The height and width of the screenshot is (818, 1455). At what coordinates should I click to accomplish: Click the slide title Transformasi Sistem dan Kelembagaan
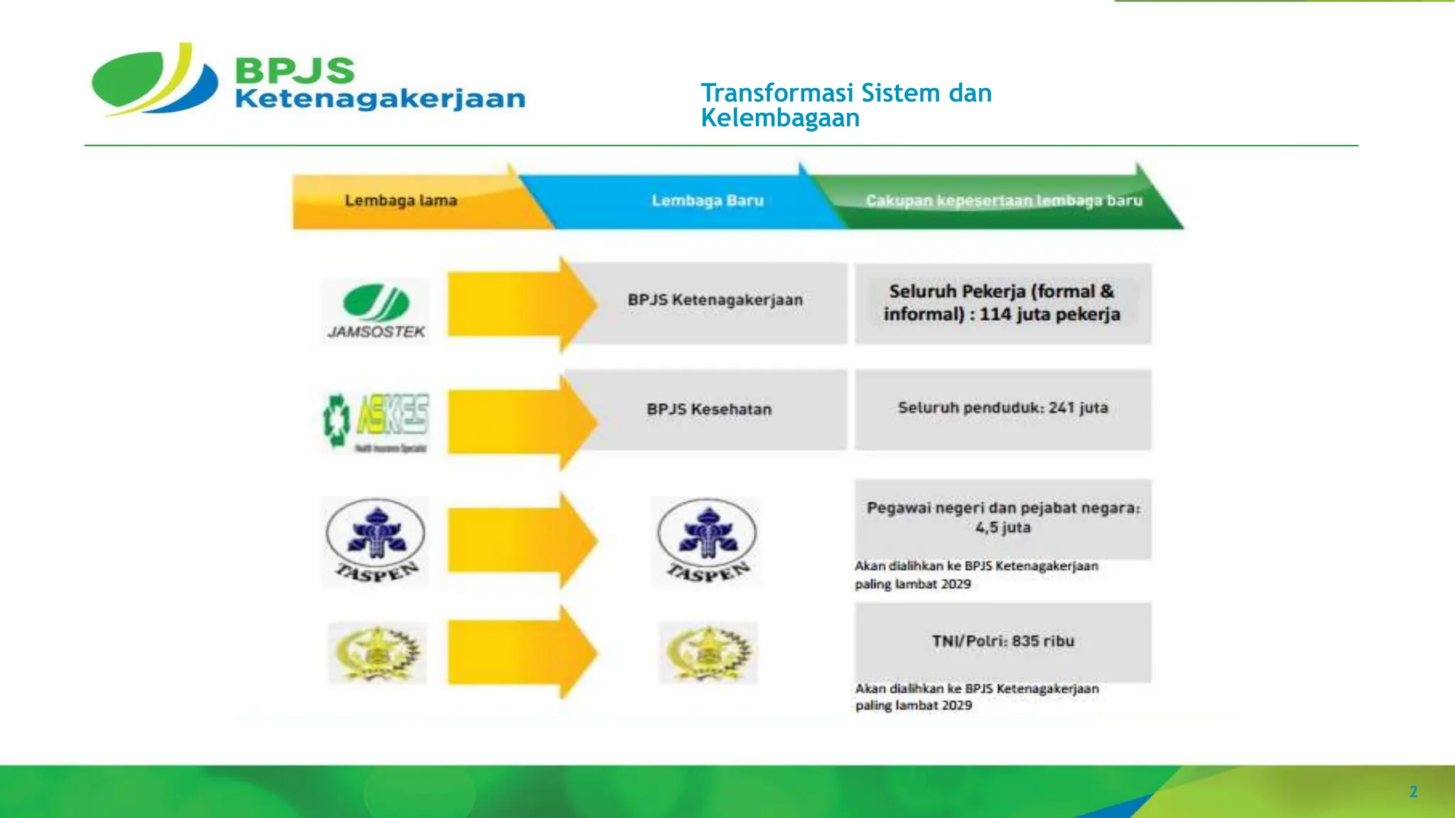tap(845, 105)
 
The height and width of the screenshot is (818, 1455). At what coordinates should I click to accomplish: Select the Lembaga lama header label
tap(401, 200)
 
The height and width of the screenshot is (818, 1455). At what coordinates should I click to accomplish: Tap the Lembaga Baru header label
tap(708, 200)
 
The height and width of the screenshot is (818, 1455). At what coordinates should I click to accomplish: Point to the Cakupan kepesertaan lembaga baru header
tap(1004, 200)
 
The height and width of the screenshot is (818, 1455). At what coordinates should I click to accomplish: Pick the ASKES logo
tap(376, 422)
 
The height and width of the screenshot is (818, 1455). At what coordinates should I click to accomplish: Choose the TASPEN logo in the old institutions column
tap(376, 541)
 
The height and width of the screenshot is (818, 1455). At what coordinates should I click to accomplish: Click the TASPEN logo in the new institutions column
tap(707, 541)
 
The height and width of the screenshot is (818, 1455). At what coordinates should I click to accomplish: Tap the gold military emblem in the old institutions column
tap(377, 653)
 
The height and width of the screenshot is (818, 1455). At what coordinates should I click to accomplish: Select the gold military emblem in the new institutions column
tap(708, 653)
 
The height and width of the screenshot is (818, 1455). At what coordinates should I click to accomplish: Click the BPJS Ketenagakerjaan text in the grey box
tap(715, 300)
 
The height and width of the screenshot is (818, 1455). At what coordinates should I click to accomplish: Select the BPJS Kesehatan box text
tap(709, 409)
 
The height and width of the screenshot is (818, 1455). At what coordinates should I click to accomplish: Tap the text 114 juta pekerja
tap(1049, 314)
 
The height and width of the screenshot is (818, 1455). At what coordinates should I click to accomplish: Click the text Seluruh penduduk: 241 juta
tap(1002, 408)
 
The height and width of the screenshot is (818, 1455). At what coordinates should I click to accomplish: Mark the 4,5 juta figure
tap(1002, 528)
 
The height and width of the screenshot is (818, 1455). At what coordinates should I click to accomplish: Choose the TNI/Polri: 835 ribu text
tap(1002, 641)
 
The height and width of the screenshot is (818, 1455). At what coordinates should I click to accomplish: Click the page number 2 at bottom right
tap(1413, 792)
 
